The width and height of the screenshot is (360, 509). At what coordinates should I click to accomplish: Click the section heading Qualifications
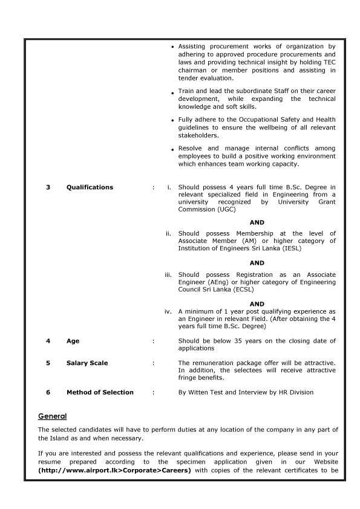(90, 187)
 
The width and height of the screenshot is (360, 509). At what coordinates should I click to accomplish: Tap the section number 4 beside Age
(48, 341)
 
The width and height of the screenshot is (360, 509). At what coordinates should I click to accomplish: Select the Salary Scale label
(87, 363)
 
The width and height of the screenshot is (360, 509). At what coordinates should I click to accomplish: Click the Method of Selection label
(100, 392)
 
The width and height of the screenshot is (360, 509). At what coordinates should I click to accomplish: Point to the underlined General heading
(52, 417)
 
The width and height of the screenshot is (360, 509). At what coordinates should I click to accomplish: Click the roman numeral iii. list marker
(169, 274)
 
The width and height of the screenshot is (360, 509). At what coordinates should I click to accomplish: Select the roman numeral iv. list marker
(169, 311)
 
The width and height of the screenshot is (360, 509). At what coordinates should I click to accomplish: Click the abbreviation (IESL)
(290, 248)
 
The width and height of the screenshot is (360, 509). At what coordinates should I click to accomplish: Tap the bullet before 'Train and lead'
(173, 92)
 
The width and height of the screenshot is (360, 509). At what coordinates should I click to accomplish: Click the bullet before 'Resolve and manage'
(173, 149)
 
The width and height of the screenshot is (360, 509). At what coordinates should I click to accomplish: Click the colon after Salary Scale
(154, 363)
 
